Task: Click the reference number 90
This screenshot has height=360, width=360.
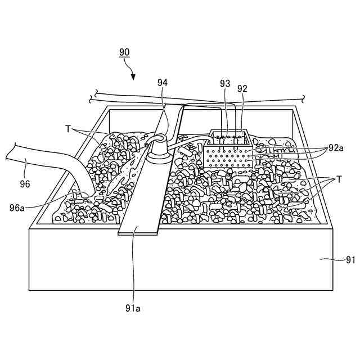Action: pyautogui.click(x=124, y=52)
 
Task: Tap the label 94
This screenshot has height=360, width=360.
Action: pyautogui.click(x=163, y=83)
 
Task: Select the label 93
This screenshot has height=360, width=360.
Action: pyautogui.click(x=225, y=83)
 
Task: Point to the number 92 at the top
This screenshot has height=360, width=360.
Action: pyautogui.click(x=242, y=88)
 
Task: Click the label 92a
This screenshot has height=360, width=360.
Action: pyautogui.click(x=335, y=148)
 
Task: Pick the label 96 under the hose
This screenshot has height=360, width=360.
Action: pyautogui.click(x=25, y=183)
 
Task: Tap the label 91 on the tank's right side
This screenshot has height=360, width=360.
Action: pyautogui.click(x=350, y=260)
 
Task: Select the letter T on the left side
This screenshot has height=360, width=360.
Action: pyautogui.click(x=68, y=129)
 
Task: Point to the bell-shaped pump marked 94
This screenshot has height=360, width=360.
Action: pyautogui.click(x=159, y=149)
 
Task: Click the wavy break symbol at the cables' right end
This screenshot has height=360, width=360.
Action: pyautogui.click(x=304, y=98)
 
